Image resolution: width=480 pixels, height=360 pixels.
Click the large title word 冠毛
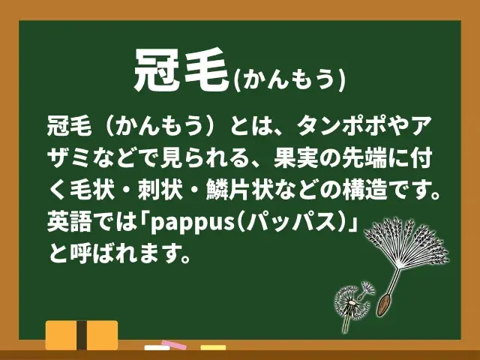click(181, 70)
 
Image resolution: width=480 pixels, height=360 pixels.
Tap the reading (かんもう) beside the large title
click(289, 80)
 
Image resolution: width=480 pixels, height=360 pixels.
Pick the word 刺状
click(160, 190)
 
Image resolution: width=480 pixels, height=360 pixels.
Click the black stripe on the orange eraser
click(82, 335)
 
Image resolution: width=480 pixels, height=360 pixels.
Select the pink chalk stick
click(174, 345)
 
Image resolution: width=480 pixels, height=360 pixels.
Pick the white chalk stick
click(157, 348)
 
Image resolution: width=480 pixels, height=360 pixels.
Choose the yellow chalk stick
click(213, 348)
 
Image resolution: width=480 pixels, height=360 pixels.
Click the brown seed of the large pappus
click(384, 304)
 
